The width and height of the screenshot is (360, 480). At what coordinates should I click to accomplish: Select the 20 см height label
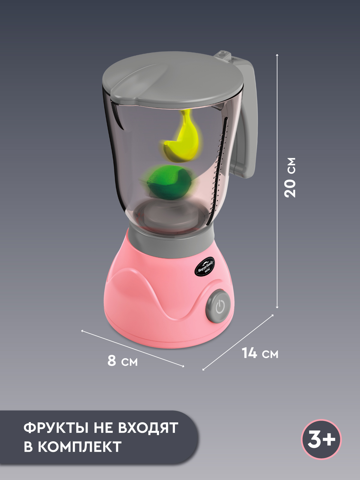(x=290, y=177)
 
